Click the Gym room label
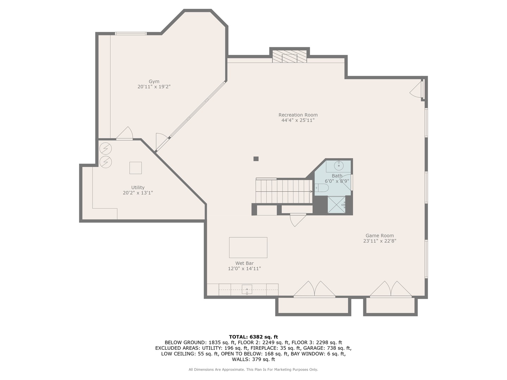coord(154,81)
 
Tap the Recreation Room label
coord(298,115)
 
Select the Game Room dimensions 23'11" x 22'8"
coord(380,241)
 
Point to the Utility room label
coord(138,188)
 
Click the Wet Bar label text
coord(244,263)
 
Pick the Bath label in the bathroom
coord(337,176)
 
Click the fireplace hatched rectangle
coord(289,57)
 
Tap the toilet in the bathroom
coord(321,188)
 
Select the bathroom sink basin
coord(338,165)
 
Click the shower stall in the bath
coord(336,204)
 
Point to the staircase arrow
coord(311,191)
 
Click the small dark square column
coord(256,159)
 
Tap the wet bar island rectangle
coord(248,247)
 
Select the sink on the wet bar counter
coord(247,289)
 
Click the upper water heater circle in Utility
coord(106,148)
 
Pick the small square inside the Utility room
coord(136,168)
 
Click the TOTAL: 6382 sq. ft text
coord(253,337)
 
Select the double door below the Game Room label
coord(390,289)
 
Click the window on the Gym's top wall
coord(131,34)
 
